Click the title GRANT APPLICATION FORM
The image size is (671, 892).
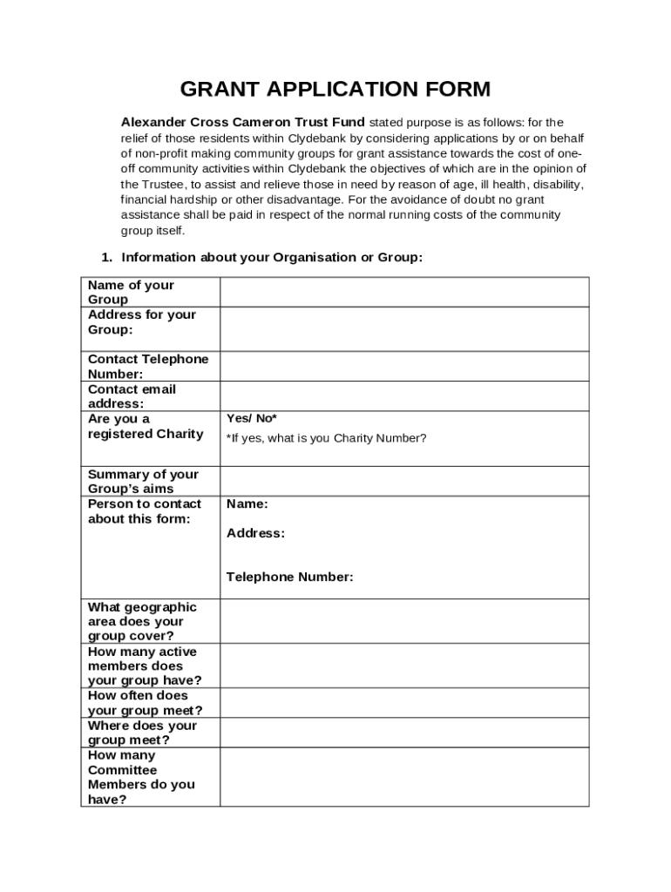[x=335, y=89]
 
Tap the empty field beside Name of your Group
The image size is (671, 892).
[x=404, y=292]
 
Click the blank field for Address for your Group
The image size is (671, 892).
[x=404, y=328]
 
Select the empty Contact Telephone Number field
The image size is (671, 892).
[x=404, y=366]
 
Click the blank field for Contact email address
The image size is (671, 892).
[x=404, y=395]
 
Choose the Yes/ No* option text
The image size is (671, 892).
[x=252, y=418]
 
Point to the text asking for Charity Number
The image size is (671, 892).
[x=327, y=438]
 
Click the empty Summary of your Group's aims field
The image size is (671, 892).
[x=404, y=481]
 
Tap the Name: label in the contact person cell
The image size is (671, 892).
[x=247, y=503]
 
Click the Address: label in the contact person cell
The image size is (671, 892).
[x=255, y=533]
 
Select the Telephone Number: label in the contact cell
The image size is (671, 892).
[x=290, y=577]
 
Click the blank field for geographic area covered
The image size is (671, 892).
[x=404, y=621]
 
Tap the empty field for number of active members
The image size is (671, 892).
[x=404, y=666]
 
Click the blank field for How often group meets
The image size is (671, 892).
[x=404, y=703]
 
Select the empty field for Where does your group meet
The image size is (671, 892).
[x=404, y=733]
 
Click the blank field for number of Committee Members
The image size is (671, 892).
[x=404, y=777]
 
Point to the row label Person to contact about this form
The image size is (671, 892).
[x=145, y=511]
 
